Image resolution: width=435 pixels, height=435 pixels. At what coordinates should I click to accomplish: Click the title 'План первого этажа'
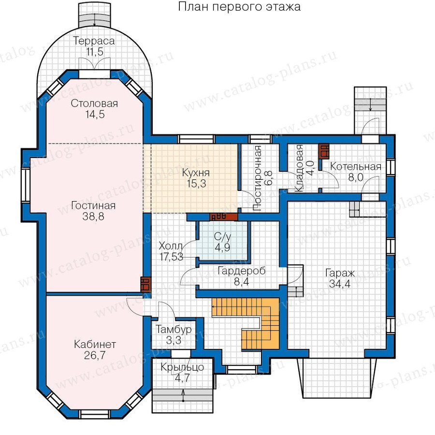pos(239,7)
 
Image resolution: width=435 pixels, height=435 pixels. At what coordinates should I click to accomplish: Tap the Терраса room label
pos(94,41)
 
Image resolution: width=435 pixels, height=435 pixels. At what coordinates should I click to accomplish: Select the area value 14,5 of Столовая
pos(95,114)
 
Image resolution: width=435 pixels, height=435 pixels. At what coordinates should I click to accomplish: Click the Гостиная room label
pos(93,205)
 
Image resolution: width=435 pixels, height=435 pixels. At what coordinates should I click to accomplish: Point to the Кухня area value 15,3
pos(196,183)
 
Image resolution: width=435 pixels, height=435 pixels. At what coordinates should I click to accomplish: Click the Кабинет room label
pos(95,344)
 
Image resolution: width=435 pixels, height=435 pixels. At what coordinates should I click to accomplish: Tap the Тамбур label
pos(174,329)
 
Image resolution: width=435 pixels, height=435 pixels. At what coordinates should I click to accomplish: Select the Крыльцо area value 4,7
pos(182,378)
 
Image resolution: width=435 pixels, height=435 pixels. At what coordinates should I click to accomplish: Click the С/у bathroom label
pos(222,236)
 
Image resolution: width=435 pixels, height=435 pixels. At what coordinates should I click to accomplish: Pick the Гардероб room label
pos(242,271)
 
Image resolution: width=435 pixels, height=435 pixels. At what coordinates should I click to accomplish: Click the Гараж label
pos(340,273)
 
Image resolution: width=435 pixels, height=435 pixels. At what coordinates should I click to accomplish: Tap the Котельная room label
pos(356,166)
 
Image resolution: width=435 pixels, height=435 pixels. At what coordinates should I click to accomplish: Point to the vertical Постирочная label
pos(258,178)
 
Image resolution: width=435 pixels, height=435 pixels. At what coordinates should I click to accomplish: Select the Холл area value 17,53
pos(172,257)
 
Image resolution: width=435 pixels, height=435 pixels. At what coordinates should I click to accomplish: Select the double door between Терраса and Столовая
pos(95,63)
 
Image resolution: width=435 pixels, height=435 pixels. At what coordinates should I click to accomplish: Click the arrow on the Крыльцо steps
pos(183,395)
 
